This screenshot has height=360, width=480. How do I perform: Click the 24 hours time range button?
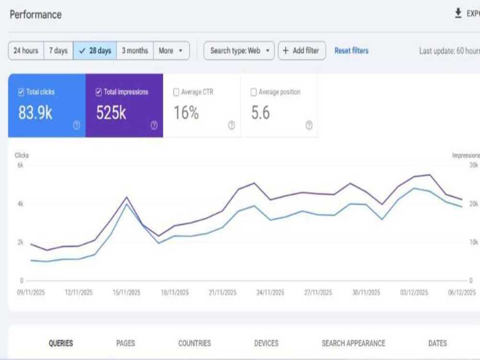pyautogui.click(x=26, y=50)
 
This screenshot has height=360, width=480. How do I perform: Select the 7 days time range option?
pyautogui.click(x=59, y=50)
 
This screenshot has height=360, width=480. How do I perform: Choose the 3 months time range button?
pyautogui.click(x=135, y=50)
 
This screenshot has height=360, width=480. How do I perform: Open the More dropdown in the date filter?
pyautogui.click(x=171, y=50)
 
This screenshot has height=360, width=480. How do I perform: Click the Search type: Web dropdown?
pyautogui.click(x=239, y=50)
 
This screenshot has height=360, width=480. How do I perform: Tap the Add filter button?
pyautogui.click(x=302, y=50)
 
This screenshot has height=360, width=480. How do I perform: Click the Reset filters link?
pyautogui.click(x=351, y=50)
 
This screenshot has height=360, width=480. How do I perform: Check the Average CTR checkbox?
pyautogui.click(x=176, y=92)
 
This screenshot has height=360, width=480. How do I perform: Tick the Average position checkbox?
pyautogui.click(x=253, y=92)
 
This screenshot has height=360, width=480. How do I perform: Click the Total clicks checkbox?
pyautogui.click(x=21, y=92)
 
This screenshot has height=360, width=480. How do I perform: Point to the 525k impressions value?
pyautogui.click(x=111, y=113)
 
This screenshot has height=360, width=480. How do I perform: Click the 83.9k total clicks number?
pyautogui.click(x=35, y=113)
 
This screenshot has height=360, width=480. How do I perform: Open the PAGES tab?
pyautogui.click(x=125, y=343)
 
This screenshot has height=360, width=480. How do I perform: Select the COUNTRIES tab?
pyautogui.click(x=195, y=343)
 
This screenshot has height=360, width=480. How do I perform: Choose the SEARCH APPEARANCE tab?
pyautogui.click(x=354, y=343)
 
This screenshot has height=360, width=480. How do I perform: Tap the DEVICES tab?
pyautogui.click(x=266, y=343)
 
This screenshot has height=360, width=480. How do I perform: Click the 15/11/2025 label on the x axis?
pyautogui.click(x=126, y=293)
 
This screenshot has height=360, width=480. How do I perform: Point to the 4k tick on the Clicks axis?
pyautogui.click(x=21, y=204)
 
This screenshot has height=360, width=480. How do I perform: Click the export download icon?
pyautogui.click(x=458, y=13)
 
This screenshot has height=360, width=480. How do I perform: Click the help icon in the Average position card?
pyautogui.click(x=309, y=125)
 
